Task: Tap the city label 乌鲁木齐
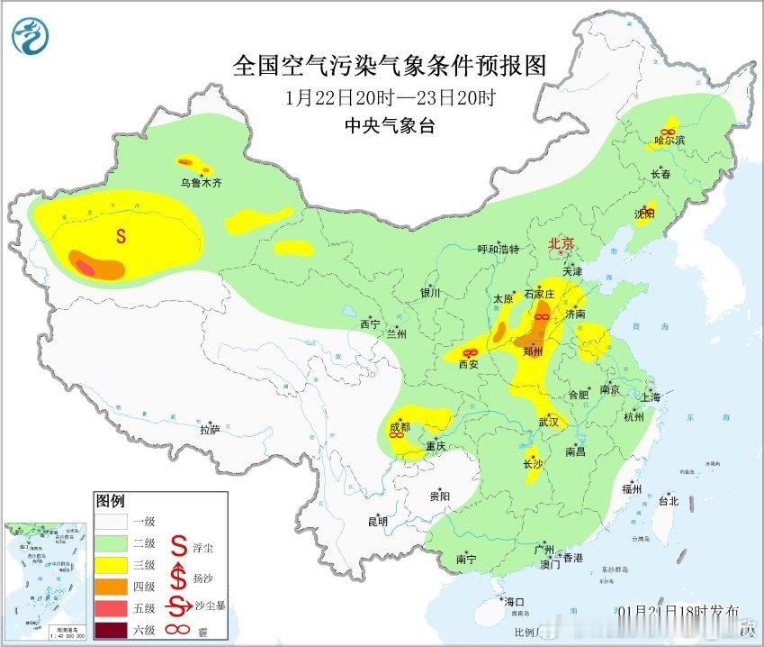[x=200, y=183]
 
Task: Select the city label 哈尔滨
[x=670, y=141]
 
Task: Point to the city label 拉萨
[x=210, y=430]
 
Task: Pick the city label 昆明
[x=377, y=521]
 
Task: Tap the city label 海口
[x=514, y=601]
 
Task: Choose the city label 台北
[x=667, y=501]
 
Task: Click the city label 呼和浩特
[x=498, y=249]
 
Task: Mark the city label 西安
[x=469, y=365]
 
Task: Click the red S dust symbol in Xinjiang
[x=120, y=236]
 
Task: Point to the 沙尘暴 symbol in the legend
[x=180, y=605]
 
